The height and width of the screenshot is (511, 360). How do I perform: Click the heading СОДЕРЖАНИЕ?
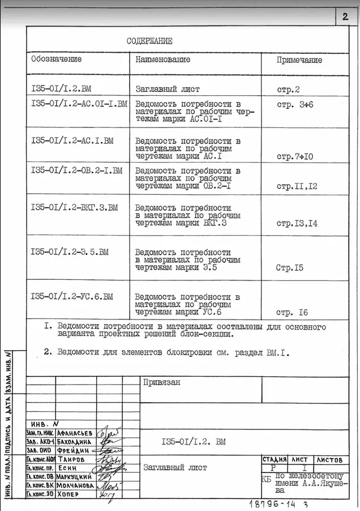pos(149,41)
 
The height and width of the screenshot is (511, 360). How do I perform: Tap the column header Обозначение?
pos(57,59)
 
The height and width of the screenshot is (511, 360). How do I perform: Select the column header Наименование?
pos(163,59)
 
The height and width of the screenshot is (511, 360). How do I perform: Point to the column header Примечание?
pos(299,59)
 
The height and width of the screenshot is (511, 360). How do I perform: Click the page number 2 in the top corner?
pos(345,16)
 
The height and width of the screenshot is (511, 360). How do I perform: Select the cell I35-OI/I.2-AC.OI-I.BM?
pos(79,104)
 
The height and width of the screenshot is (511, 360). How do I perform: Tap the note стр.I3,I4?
pos(297,223)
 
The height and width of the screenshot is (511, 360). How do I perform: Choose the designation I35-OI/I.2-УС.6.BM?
pos(72,296)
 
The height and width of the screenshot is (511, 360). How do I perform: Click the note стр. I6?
pos(292,312)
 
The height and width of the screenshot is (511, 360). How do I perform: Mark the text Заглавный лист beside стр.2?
pos(168,89)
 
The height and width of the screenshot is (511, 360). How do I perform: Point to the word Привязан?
pos(162,382)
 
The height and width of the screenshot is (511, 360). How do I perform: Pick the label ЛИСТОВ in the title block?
pos(329,459)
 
